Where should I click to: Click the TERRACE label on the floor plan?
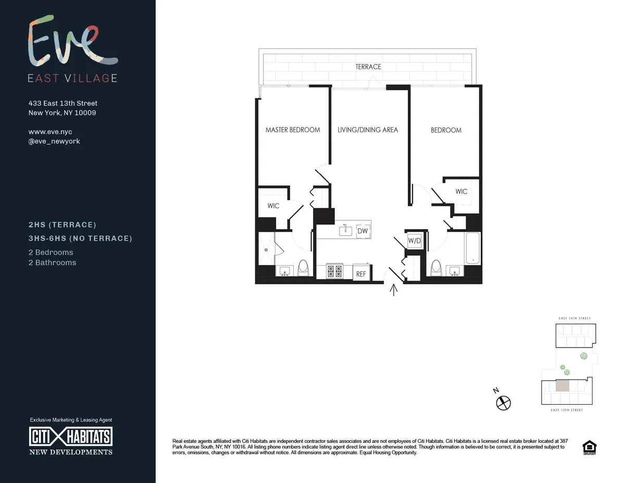click(x=368, y=67)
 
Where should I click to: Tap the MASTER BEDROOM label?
click(x=293, y=130)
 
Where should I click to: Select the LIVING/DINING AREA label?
click(x=368, y=130)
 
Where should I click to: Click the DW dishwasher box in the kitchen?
click(x=362, y=231)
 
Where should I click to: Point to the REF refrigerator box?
click(x=360, y=273)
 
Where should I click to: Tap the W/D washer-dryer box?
click(x=414, y=241)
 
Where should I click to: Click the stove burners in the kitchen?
click(x=334, y=271)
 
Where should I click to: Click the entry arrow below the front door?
click(x=394, y=290)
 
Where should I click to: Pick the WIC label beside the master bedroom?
click(x=273, y=206)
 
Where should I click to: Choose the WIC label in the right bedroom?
click(x=461, y=192)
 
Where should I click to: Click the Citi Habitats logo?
click(x=70, y=436)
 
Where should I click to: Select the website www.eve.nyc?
click(x=50, y=132)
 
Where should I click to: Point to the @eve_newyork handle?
click(x=54, y=141)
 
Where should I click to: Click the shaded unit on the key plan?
click(x=562, y=386)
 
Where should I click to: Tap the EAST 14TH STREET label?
click(x=575, y=318)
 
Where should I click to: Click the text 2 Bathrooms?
click(x=52, y=263)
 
